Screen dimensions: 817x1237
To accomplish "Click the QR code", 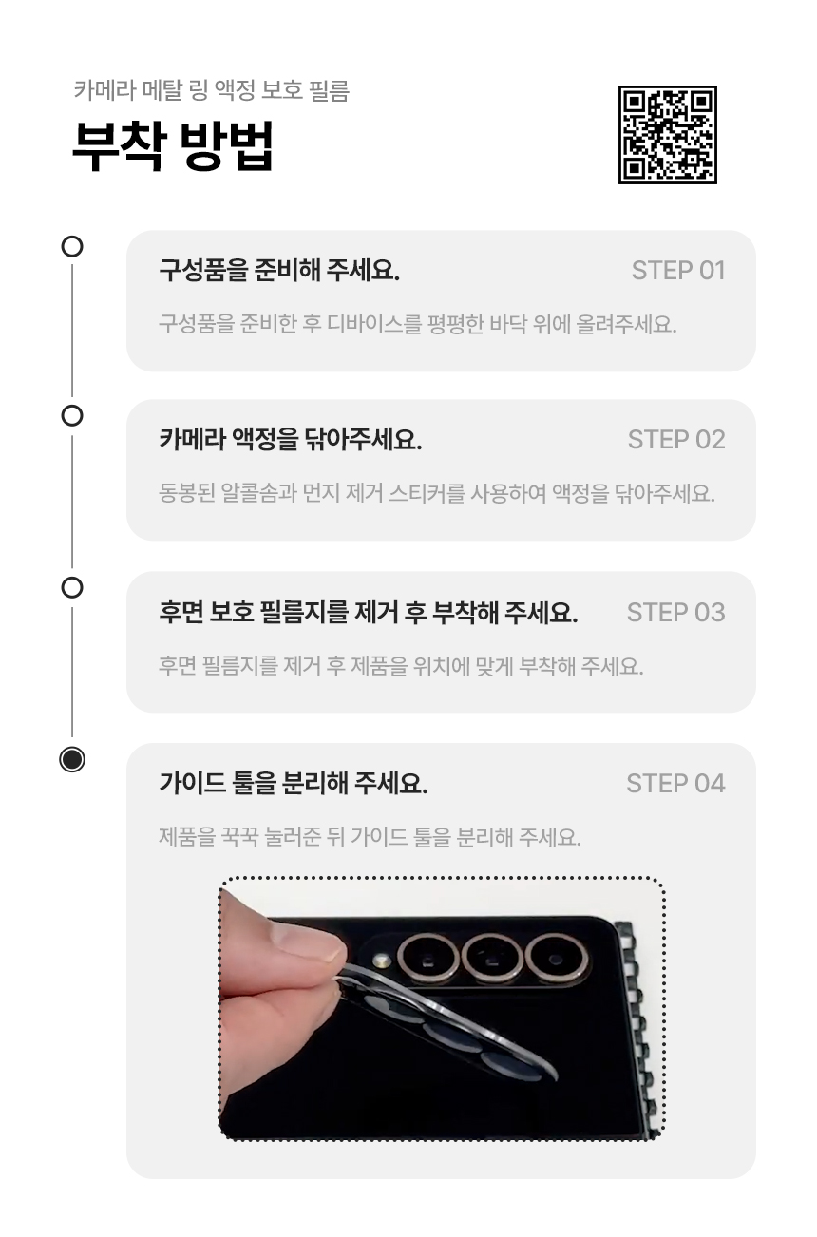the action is click(668, 135).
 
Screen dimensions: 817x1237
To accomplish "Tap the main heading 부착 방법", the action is click(173, 145).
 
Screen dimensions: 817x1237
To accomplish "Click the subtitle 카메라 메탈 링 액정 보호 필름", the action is click(212, 90).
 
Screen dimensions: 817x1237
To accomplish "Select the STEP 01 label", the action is click(678, 271).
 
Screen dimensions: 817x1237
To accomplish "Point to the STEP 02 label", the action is click(676, 440).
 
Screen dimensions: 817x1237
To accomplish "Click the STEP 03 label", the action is click(675, 612).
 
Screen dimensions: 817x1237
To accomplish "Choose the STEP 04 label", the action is click(675, 783).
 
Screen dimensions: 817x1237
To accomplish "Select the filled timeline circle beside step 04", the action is click(72, 759).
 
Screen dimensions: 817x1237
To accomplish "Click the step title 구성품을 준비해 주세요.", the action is click(279, 271).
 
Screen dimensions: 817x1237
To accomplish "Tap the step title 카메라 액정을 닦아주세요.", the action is click(291, 440).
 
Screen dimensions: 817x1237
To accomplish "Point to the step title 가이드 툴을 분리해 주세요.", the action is click(294, 783).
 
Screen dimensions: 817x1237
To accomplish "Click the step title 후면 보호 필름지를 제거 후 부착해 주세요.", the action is click(369, 612).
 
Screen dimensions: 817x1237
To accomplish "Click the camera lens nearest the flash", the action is click(428, 958).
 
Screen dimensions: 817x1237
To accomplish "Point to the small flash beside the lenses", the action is click(381, 961).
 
